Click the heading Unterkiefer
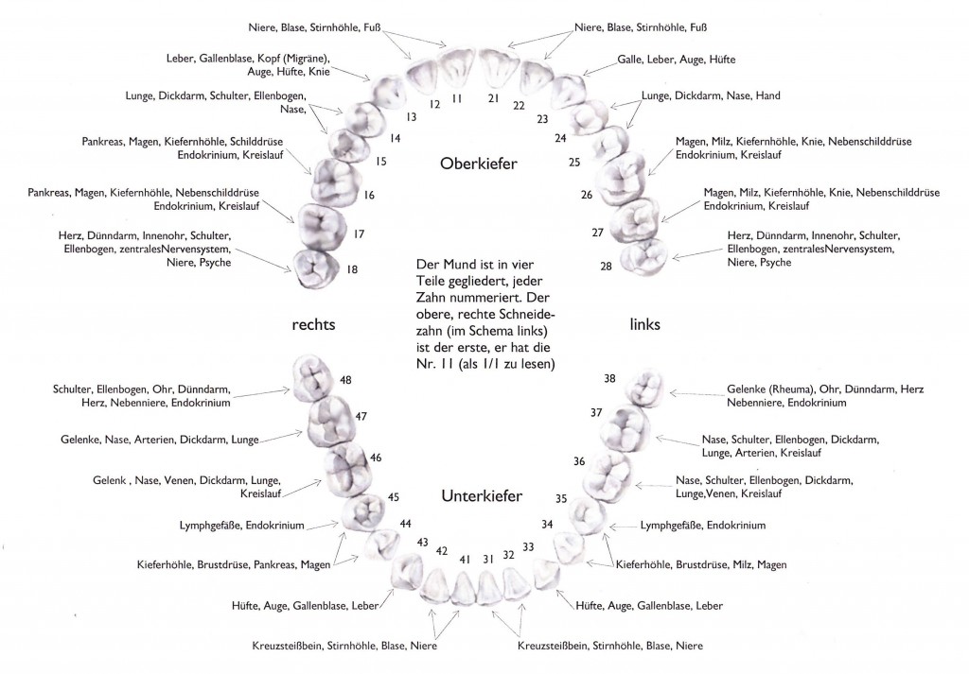click(x=482, y=495)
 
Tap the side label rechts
click(x=313, y=324)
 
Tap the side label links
click(x=644, y=324)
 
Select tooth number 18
click(x=352, y=269)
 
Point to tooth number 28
click(x=606, y=266)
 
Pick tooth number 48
click(x=345, y=380)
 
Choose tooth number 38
click(x=609, y=378)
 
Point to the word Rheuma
click(x=794, y=389)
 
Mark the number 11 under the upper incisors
click(x=457, y=97)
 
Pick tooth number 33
click(x=528, y=546)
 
